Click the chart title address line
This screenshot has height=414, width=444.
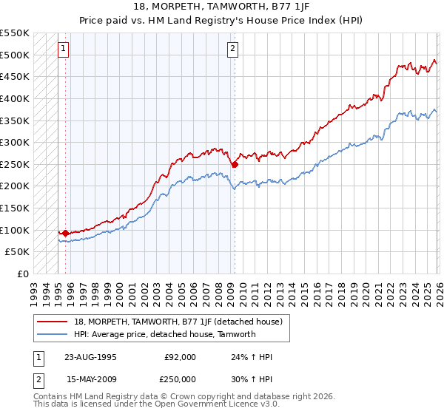coord(222,7)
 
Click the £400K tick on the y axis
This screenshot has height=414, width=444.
coord(15,98)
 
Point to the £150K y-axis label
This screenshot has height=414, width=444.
coord(15,208)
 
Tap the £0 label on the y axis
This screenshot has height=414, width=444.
coord(22,274)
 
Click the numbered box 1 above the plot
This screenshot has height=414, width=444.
coord(63,50)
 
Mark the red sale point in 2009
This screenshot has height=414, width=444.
coord(234,165)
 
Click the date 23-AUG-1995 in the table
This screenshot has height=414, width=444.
coord(90,356)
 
